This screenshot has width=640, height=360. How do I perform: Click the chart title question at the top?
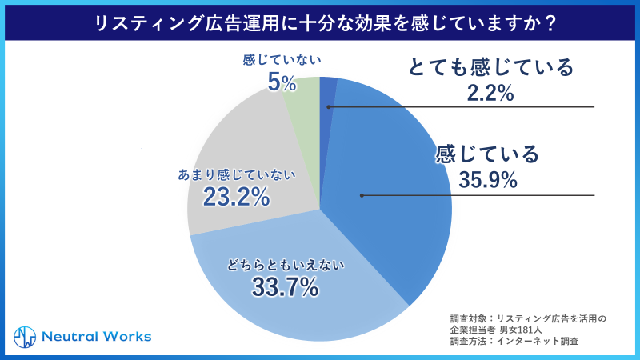pyautogui.click(x=320, y=22)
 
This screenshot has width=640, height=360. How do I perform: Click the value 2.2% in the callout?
pyautogui.click(x=490, y=94)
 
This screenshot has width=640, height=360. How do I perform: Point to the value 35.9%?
pyautogui.click(x=488, y=181)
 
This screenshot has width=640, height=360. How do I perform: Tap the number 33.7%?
pyautogui.click(x=285, y=286)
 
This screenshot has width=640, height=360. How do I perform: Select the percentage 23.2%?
pyautogui.click(x=236, y=197)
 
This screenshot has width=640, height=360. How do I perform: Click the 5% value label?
pyautogui.click(x=282, y=82)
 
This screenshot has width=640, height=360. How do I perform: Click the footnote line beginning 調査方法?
pyautogui.click(x=513, y=341)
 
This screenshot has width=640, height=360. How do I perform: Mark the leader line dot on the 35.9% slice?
pyautogui.click(x=361, y=194)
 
